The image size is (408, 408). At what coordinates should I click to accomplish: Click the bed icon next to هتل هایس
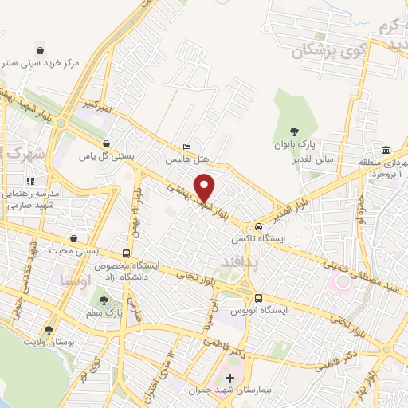click(x=187, y=147)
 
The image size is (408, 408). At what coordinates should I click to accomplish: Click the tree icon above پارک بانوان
click(x=296, y=132)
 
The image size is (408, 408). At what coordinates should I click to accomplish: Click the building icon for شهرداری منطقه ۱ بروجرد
click(x=386, y=150)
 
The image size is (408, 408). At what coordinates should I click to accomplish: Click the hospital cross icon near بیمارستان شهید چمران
click(x=231, y=378)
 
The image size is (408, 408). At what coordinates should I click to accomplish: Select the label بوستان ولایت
click(x=49, y=341)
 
